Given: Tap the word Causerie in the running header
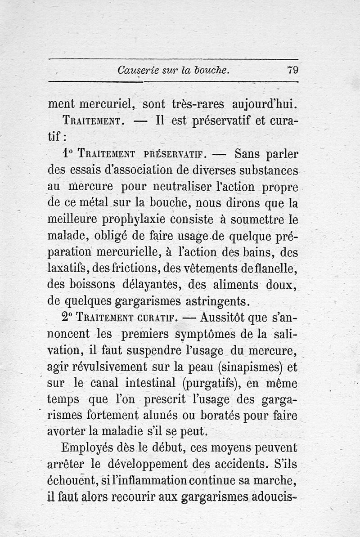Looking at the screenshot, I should (x=135, y=70).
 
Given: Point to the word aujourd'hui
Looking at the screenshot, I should (x=265, y=105).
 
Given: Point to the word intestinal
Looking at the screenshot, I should (x=149, y=383).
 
